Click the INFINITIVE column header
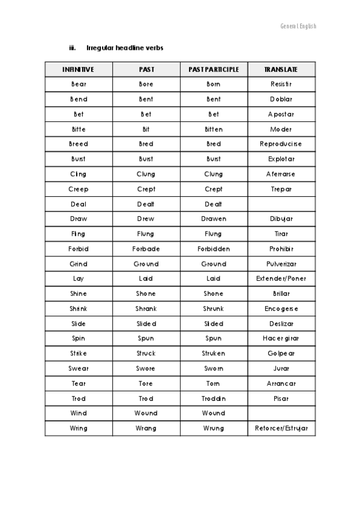[x=78, y=70]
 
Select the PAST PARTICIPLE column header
[x=213, y=70]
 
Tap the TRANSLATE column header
[x=281, y=70]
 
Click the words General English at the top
[x=298, y=26]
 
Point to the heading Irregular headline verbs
[x=125, y=47]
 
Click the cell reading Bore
[x=146, y=85]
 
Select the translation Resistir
[x=281, y=85]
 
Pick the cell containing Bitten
[x=213, y=129]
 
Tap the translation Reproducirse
[x=281, y=144]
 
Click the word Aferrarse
[x=281, y=174]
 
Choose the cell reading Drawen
[x=213, y=219]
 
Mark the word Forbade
[x=146, y=248]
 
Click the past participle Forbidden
[x=213, y=248]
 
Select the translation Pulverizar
[x=281, y=264]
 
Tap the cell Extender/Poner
[x=281, y=279]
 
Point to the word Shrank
[x=146, y=309]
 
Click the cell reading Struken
[x=213, y=354]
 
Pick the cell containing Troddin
[x=213, y=399]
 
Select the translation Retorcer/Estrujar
[x=281, y=428]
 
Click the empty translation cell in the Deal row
[x=281, y=204]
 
